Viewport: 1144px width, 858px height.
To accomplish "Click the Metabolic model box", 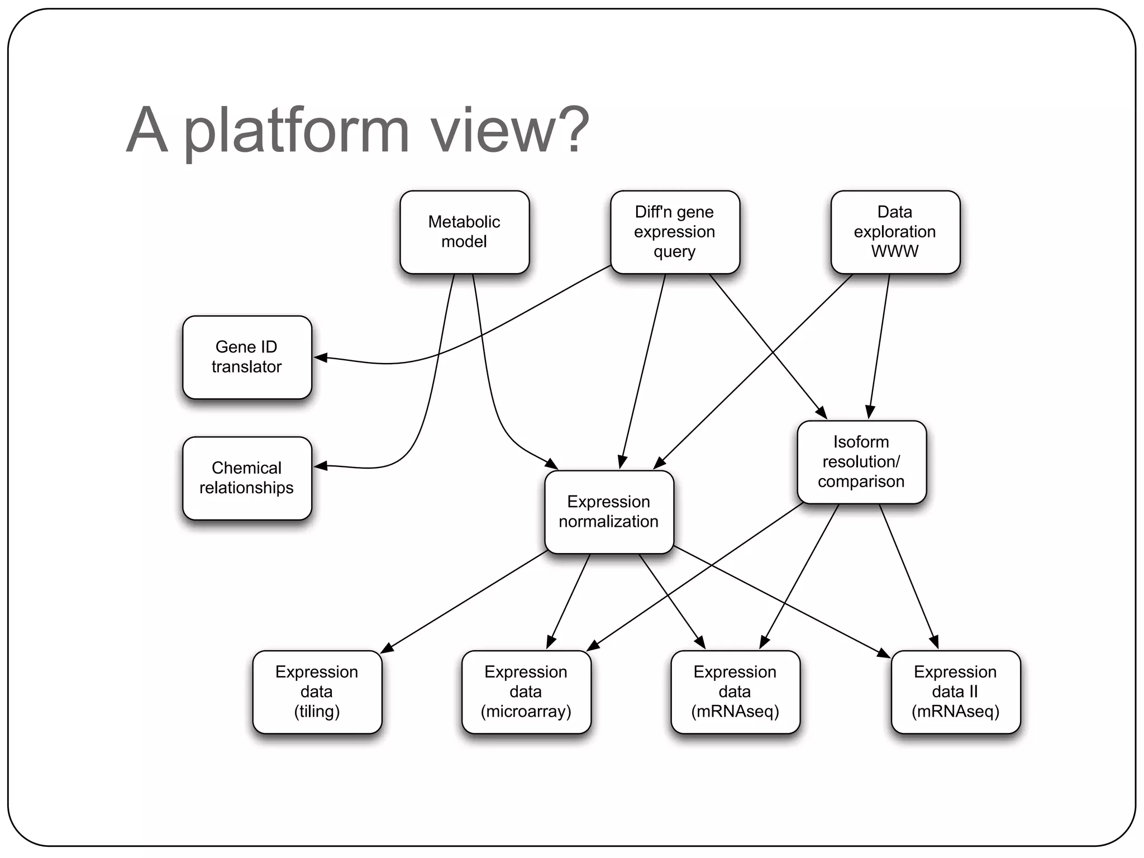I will pos(464,232).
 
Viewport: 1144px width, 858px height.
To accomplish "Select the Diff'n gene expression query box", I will pos(675,232).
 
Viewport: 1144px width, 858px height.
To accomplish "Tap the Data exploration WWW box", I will pos(895,232).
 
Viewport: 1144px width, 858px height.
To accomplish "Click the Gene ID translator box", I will pos(247,357).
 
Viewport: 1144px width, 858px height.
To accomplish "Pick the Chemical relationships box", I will pos(247,478).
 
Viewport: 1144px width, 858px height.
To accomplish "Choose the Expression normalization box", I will pos(609,512).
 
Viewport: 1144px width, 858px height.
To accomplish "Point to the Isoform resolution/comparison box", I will pos(861,462).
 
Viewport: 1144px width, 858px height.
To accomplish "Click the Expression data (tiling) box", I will pos(317,692).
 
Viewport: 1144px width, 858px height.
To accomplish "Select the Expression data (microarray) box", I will pos(526,692).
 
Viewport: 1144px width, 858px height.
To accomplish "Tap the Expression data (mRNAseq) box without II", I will pos(735,692).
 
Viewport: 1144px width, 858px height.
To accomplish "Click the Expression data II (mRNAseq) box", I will pos(955,692).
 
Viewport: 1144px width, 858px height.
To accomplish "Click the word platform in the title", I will pos(296,131).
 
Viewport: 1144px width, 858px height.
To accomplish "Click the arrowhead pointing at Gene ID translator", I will pos(321,357).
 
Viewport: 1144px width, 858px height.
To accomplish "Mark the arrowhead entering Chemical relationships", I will pos(321,465).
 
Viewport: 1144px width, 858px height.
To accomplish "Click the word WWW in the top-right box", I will pos(895,251).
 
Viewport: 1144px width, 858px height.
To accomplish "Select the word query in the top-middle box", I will pos(675,252).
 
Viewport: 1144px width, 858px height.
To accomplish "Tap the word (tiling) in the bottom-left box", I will pos(317,712).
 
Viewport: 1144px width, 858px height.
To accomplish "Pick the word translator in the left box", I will pos(247,367).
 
